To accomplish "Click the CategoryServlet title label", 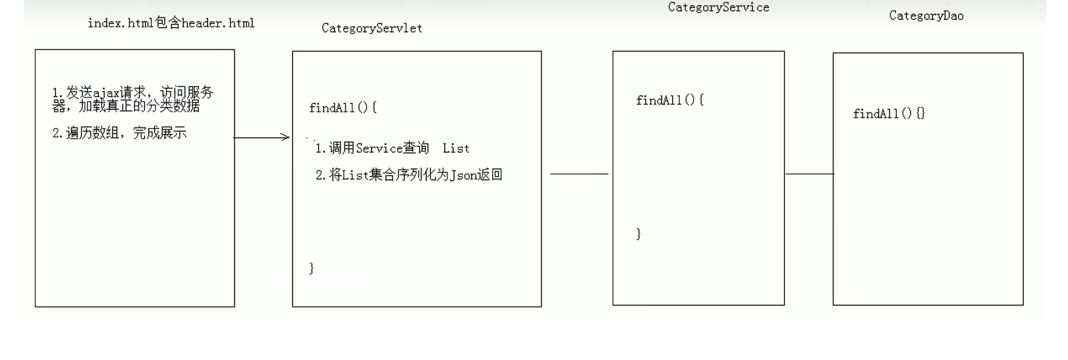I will point(371,28).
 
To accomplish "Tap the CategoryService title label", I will point(718,8).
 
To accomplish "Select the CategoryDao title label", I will point(926,16).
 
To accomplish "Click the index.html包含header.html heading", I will point(171,23).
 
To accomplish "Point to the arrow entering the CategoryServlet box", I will point(262,138).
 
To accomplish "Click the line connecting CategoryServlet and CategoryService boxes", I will point(578,174).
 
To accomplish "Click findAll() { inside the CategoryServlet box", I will point(343,108).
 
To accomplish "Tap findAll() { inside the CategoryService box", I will point(670,100).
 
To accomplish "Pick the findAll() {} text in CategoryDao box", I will point(889,114).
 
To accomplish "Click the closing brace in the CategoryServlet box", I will point(312,269).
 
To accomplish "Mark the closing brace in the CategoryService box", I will point(639,234).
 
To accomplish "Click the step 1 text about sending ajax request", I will point(132,99).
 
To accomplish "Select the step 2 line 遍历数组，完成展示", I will point(120,133).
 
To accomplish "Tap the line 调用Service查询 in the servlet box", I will point(372,148).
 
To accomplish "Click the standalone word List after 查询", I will point(456,148).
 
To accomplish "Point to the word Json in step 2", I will point(463,175).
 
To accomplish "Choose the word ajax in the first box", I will point(106,93).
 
